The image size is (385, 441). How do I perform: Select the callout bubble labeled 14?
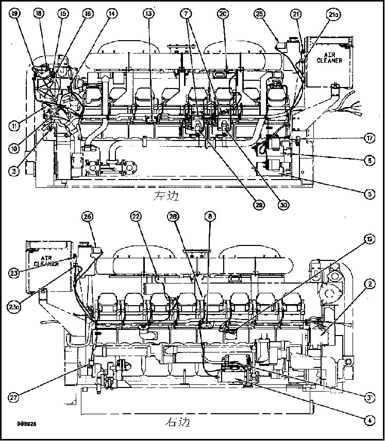click(111, 13)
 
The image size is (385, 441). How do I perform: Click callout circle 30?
click(283, 204)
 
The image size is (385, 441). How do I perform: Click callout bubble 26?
click(88, 217)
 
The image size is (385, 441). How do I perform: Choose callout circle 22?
click(136, 217)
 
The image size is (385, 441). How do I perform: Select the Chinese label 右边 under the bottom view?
click(177, 424)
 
